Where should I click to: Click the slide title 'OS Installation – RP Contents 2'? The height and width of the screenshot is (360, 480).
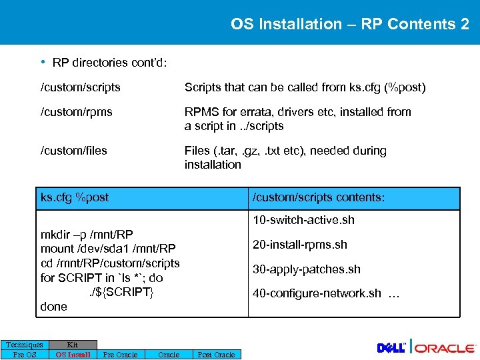349,25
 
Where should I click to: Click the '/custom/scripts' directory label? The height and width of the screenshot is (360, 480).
81,87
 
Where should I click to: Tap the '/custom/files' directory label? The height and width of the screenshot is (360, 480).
74,151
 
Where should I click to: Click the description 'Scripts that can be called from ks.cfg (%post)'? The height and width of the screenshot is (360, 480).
305,87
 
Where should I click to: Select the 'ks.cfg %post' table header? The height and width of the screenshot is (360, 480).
75,197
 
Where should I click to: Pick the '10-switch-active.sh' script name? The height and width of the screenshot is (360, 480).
303,220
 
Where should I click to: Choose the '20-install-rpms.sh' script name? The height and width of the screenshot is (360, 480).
299,245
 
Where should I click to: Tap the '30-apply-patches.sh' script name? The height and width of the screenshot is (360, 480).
306,269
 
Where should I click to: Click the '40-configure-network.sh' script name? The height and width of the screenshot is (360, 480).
317,293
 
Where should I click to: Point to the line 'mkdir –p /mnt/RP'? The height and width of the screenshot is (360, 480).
87,235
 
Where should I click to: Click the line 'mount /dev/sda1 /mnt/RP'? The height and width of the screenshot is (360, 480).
108,249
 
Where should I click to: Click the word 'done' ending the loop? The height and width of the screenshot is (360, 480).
54,307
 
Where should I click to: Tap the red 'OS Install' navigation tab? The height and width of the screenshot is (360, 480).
73,355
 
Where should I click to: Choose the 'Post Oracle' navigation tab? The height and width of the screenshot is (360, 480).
217,355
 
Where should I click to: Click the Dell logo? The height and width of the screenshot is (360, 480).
391,348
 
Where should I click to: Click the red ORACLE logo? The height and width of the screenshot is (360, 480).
447,348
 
